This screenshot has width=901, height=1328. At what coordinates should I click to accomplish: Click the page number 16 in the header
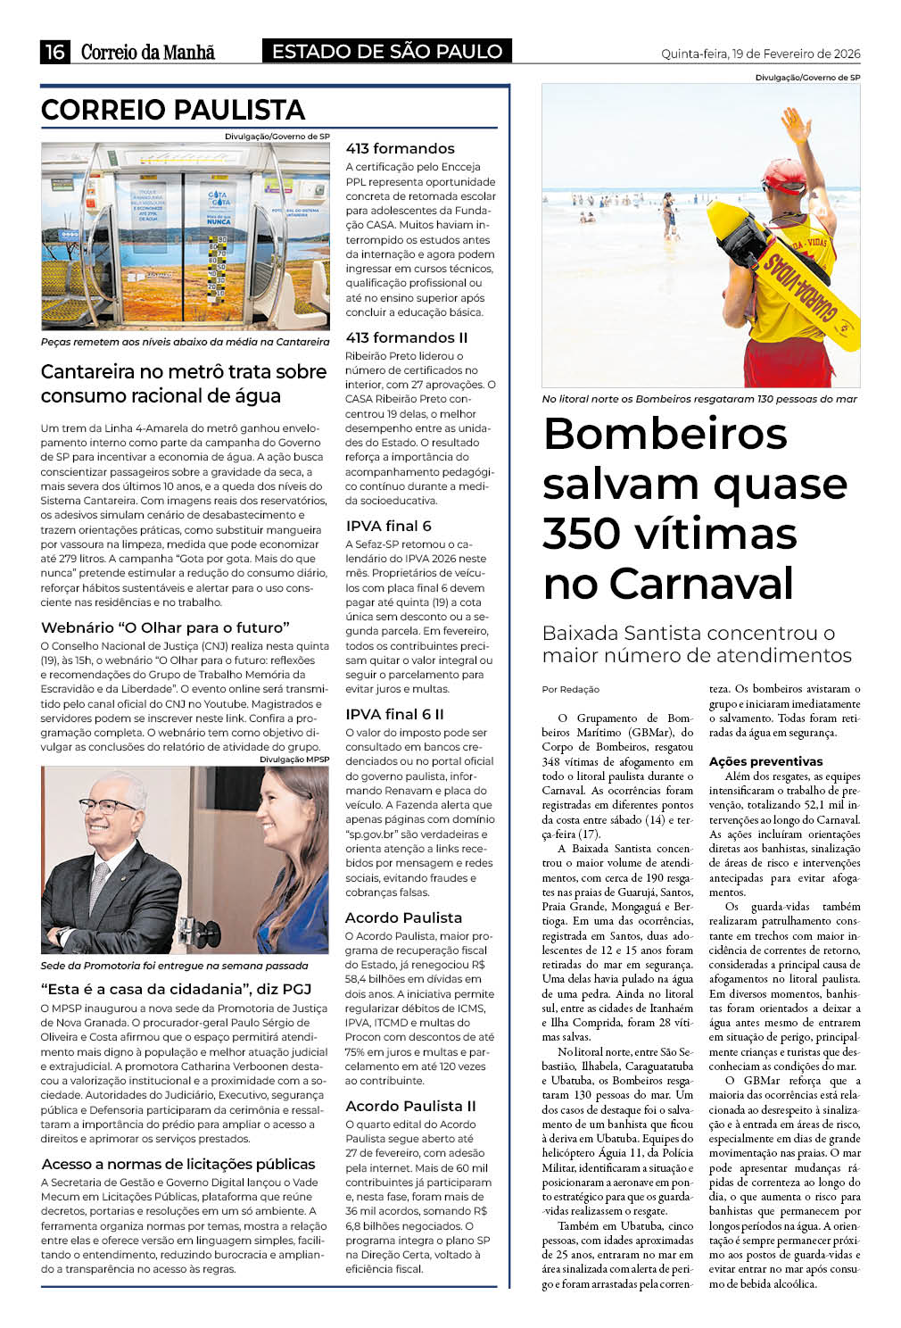tap(55, 52)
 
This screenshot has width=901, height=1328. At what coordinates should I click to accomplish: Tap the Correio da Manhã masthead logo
tap(148, 53)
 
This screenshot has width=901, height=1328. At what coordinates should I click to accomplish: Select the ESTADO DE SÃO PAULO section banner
tap(387, 52)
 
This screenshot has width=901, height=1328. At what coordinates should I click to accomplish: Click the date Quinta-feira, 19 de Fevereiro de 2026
tap(760, 54)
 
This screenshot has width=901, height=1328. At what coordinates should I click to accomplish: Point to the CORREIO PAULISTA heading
tap(173, 110)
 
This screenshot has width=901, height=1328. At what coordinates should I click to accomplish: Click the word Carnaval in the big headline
tap(668, 584)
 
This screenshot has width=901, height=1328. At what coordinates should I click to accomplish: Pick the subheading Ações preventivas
tap(765, 761)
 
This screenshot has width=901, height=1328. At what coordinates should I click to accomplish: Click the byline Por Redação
tap(571, 689)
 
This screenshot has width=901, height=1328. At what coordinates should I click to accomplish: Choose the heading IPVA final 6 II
tap(394, 714)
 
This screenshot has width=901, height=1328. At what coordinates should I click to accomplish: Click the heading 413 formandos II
tap(406, 337)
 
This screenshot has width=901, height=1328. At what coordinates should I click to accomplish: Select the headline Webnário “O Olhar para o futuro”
tap(165, 627)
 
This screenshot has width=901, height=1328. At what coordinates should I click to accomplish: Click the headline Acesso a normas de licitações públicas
tap(178, 1164)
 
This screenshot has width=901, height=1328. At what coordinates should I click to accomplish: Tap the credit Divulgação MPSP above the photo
tap(293, 759)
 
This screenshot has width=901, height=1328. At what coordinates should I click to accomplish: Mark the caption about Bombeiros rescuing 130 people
tap(699, 399)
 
